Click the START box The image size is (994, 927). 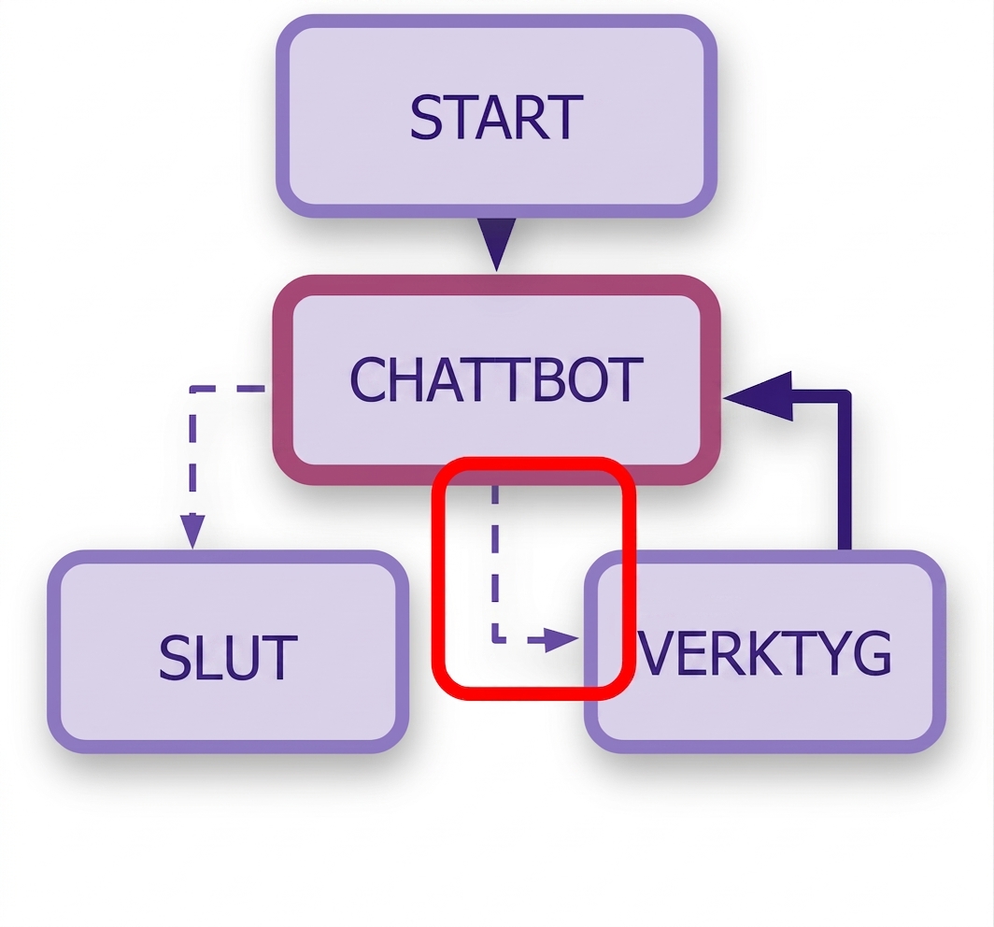[x=496, y=116]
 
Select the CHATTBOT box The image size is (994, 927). [x=496, y=379]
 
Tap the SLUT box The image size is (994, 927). [x=228, y=652]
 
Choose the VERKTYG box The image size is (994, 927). [x=765, y=652]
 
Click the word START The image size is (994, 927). [x=496, y=118]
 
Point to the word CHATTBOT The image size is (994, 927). [x=496, y=379]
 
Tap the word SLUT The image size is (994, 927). [x=228, y=658]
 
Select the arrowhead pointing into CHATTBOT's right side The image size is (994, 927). [x=759, y=396]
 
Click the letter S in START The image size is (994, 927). [x=426, y=118]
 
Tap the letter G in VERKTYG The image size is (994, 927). [x=872, y=653]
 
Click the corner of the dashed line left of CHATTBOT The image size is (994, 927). [x=192, y=388]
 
